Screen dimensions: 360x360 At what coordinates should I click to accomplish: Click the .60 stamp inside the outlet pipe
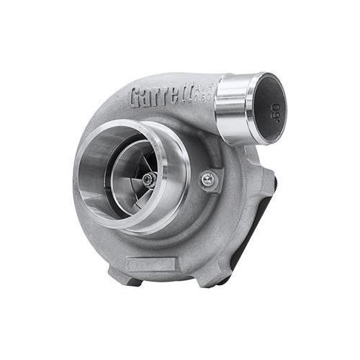tap(276, 112)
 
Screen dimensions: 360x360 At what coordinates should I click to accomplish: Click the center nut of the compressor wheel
tap(148, 180)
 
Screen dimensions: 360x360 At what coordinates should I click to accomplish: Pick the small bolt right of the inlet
tap(208, 180)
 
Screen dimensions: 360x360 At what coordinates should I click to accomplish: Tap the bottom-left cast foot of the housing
tap(119, 274)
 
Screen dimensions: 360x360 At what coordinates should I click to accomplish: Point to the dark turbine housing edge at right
tap(266, 216)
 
